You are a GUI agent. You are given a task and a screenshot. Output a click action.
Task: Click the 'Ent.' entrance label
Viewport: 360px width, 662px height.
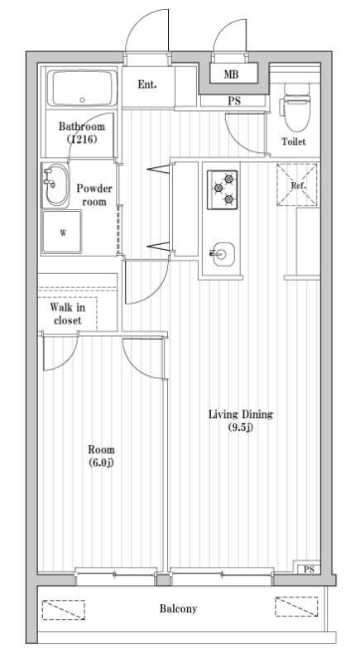coord(147,84)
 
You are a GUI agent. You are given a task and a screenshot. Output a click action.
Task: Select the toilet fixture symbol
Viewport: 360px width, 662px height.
coord(294,106)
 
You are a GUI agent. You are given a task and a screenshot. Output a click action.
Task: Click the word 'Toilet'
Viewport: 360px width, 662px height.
coord(294,142)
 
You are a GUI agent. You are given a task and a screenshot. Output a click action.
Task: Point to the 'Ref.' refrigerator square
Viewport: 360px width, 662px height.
coord(299,185)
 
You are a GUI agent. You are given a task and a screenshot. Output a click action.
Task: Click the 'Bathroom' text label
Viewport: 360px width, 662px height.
coord(81,127)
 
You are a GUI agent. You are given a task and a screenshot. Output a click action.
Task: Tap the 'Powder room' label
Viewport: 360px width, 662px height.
coord(94,194)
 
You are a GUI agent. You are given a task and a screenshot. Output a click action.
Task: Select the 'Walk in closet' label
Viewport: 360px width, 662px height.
coord(67,313)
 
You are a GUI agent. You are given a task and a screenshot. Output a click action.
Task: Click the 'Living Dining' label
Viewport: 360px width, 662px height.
coord(241,415)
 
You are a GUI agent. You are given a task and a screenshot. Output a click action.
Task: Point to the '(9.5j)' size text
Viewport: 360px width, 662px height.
coord(241,428)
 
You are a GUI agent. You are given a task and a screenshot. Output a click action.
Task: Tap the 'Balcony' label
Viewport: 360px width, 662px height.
coord(179,609)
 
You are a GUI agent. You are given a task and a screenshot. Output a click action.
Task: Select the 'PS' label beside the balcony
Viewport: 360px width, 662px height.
coord(308,570)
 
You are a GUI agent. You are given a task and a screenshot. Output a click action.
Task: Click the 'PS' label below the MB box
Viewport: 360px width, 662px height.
coord(235,102)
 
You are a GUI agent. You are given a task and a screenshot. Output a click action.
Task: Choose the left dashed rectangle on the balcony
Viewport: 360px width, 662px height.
coord(64,609)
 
